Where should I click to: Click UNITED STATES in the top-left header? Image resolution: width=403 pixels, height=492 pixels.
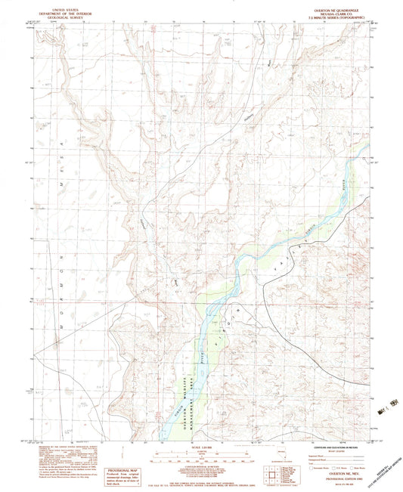63,6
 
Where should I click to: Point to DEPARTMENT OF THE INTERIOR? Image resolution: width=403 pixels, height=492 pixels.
63,11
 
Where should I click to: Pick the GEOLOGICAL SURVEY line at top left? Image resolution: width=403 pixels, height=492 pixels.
63,14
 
